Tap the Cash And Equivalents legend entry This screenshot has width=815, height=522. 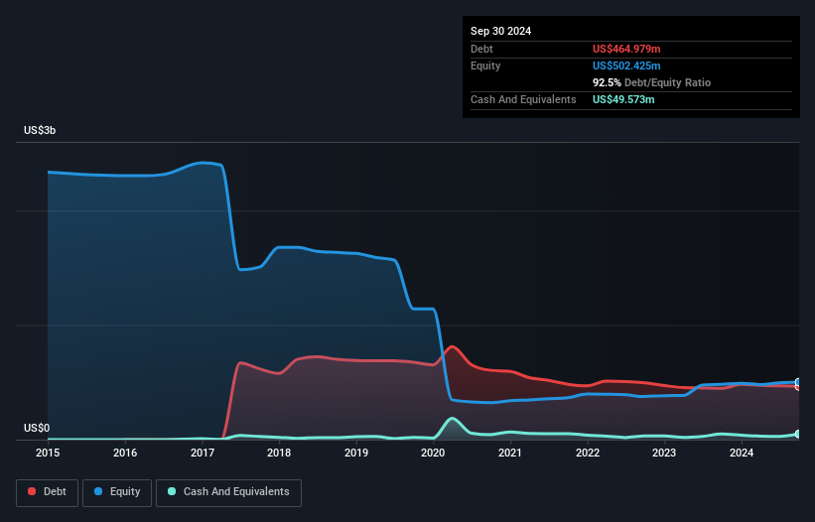tap(228, 492)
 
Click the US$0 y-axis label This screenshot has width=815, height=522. tap(37, 428)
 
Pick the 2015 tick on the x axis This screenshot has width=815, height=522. tap(48, 454)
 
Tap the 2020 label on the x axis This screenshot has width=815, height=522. tap(433, 454)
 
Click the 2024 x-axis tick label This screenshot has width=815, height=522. tap(741, 454)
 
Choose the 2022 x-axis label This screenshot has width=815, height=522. tap(587, 454)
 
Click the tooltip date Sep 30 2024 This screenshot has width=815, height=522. tap(500, 31)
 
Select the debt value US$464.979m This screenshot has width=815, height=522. tap(625, 49)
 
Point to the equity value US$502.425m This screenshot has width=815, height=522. tap(626, 65)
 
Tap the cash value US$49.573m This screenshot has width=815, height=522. tap(623, 100)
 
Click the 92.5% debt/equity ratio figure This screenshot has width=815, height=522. tap(606, 82)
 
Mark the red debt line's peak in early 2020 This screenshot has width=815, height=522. tap(452, 346)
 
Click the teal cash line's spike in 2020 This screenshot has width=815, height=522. tap(452, 419)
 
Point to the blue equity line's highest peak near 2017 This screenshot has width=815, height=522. tap(205, 163)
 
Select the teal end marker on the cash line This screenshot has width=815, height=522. tap(797, 434)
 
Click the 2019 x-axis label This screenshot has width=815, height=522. tap(355, 454)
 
